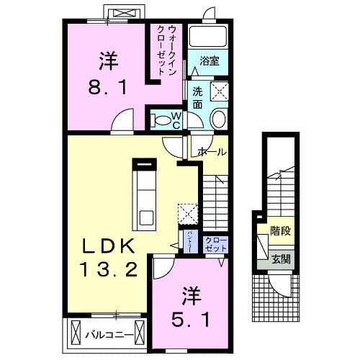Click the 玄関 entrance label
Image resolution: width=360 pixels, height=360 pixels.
(x=281, y=258)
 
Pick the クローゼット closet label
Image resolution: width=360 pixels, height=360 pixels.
(x=214, y=244)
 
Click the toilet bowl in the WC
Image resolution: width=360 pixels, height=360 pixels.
(x=163, y=119)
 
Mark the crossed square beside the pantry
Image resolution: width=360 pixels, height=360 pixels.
(x=186, y=214)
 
